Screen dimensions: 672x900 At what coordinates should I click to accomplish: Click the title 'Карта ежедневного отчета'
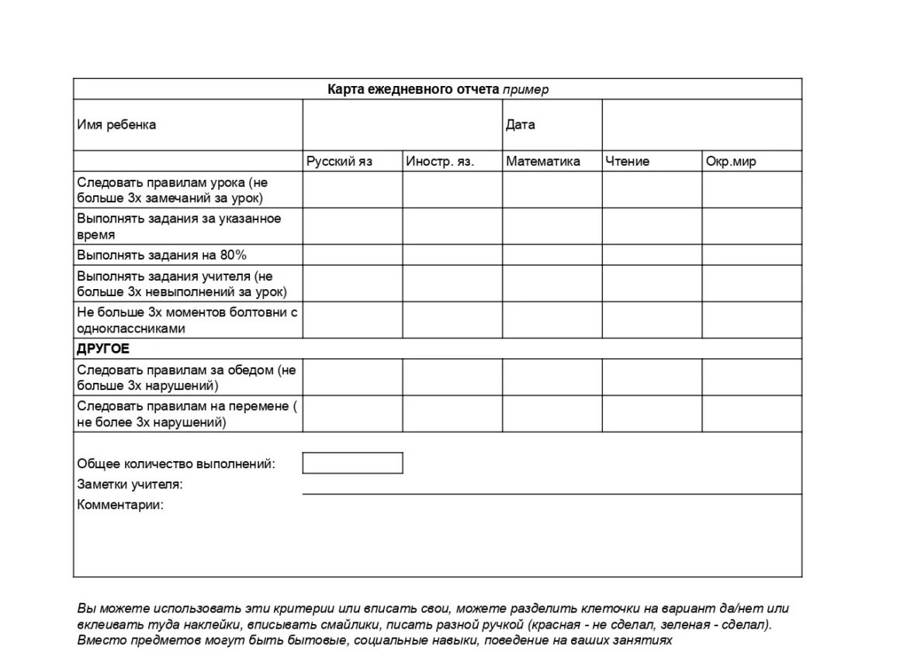click(414, 89)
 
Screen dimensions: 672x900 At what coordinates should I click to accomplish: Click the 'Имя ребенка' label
click(116, 125)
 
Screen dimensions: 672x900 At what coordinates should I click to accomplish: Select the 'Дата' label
click(520, 125)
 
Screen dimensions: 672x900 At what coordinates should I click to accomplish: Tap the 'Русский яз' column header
click(339, 162)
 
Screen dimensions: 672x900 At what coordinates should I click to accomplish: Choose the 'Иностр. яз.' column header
click(440, 162)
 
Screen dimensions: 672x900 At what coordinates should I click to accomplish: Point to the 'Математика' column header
click(542, 162)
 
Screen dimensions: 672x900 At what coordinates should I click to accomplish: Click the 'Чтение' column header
click(627, 162)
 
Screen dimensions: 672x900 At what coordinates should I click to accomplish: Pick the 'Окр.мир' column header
click(730, 162)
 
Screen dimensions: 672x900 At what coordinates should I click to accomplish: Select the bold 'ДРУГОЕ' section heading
click(103, 349)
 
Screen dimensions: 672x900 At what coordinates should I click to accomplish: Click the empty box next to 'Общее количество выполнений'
click(352, 464)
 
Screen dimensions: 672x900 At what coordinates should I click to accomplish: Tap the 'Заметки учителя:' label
click(130, 485)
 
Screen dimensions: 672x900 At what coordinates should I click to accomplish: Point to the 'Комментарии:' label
click(120, 505)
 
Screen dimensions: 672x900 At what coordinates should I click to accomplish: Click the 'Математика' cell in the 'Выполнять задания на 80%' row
click(552, 255)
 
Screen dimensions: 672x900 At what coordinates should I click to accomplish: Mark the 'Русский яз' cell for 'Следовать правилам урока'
click(352, 190)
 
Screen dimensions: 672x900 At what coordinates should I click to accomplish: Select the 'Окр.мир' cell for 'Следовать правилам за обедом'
click(751, 377)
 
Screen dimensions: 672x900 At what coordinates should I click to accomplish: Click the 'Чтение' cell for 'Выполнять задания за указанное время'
click(652, 226)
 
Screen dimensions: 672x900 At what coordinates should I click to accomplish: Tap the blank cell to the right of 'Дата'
click(701, 125)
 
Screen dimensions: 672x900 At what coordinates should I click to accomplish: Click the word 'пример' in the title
click(525, 90)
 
